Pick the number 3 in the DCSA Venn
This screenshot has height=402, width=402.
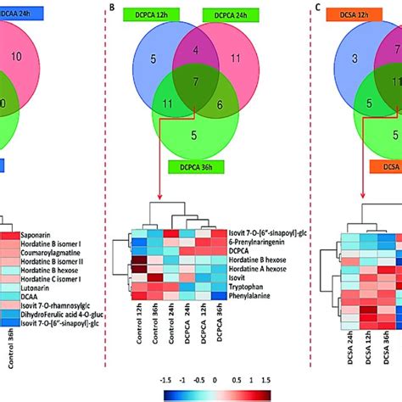click(348, 59)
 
